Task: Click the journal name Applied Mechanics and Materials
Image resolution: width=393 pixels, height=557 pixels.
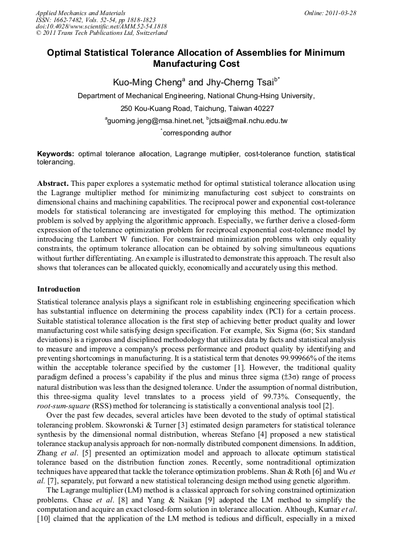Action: click(x=81, y=12)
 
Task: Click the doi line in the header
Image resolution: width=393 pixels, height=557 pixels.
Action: click(x=101, y=26)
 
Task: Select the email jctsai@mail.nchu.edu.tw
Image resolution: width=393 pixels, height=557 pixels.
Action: click(x=249, y=121)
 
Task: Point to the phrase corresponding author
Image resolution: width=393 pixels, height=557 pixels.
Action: click(x=197, y=133)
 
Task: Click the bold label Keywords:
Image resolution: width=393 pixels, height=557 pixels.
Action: click(x=56, y=154)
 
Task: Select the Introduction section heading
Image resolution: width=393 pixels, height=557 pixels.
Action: click(x=59, y=289)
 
